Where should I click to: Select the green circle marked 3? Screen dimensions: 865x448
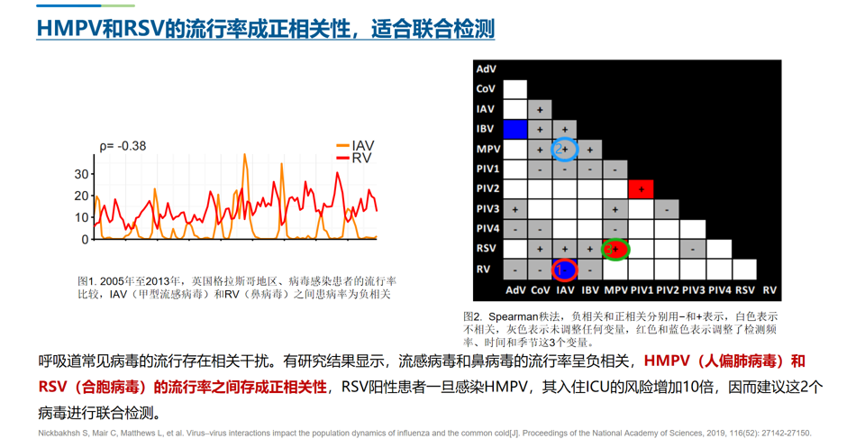tap(604, 250)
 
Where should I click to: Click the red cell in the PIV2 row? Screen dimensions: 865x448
tap(641, 189)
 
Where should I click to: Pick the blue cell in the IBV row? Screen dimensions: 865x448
tap(515, 129)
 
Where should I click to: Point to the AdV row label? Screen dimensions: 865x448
tap(486, 69)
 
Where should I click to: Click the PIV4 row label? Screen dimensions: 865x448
tap(487, 228)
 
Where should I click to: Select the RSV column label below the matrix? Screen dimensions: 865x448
tap(745, 290)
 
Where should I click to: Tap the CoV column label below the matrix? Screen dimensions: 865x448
tap(540, 290)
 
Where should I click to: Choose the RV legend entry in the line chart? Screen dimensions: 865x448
tap(354, 159)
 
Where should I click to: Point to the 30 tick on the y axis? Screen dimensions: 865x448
tap(81, 174)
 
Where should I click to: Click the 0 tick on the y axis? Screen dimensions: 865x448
tap(85, 240)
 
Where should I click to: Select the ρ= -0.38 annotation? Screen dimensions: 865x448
tap(123, 146)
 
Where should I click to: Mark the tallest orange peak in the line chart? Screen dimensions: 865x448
tap(245, 155)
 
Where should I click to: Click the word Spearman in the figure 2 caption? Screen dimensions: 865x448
tap(513, 317)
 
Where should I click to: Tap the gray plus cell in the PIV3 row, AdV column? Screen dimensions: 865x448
tap(515, 210)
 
